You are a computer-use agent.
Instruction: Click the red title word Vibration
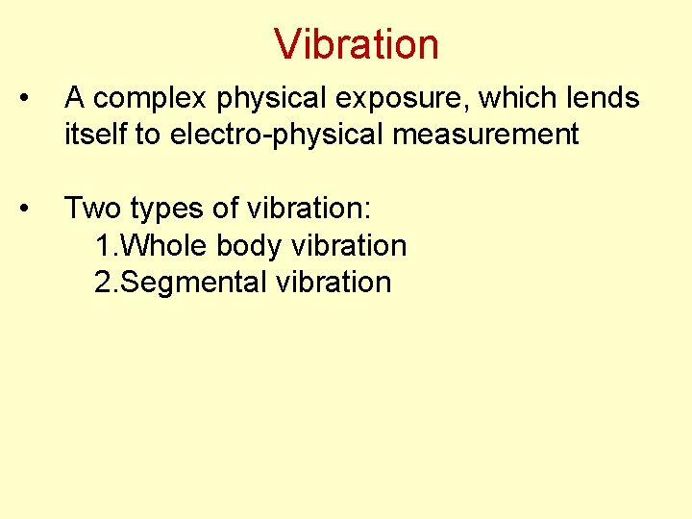click(x=356, y=44)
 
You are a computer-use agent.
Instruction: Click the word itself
click(x=93, y=134)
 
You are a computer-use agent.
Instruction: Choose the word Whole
click(x=168, y=246)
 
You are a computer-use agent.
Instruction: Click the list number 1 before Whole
click(x=104, y=246)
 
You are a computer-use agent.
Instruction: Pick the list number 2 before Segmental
click(x=104, y=283)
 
